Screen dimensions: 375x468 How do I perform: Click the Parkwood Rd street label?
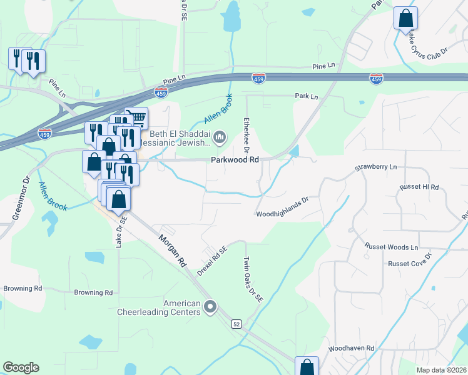[235, 160]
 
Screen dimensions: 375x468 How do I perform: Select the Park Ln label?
[307, 97]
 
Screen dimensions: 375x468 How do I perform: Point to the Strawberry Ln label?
[376, 167]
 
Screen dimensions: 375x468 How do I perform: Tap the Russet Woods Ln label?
[392, 247]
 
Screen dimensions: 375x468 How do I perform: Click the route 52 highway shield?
[236, 323]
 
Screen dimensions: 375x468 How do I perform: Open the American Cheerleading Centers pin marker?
[210, 307]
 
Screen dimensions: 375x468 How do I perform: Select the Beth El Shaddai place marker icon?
[219, 136]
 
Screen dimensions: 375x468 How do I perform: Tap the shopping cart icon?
[136, 117]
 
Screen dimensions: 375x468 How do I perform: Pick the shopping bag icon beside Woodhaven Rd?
[307, 367]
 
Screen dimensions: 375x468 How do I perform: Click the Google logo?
[21, 367]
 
